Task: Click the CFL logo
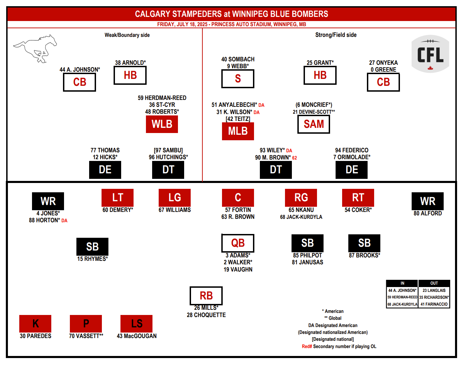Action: point(430,54)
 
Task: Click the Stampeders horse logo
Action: point(35,49)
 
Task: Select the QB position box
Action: point(238,243)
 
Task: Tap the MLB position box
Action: point(238,131)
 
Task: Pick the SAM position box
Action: point(314,124)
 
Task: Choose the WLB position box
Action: point(162,124)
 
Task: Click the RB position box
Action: point(206,296)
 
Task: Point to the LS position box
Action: point(136,324)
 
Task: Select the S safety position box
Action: point(238,79)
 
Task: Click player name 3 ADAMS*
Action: point(238,255)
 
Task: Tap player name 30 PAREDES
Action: point(35,336)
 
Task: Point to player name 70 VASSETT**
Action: point(86,336)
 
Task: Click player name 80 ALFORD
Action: point(427,213)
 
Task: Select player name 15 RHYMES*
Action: point(93,259)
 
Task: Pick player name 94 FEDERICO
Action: point(351,150)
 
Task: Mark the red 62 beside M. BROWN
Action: point(294,158)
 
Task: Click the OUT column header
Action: point(434,283)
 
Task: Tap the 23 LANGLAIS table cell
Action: point(434,290)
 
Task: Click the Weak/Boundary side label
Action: point(127,35)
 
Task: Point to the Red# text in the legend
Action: point(307,346)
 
